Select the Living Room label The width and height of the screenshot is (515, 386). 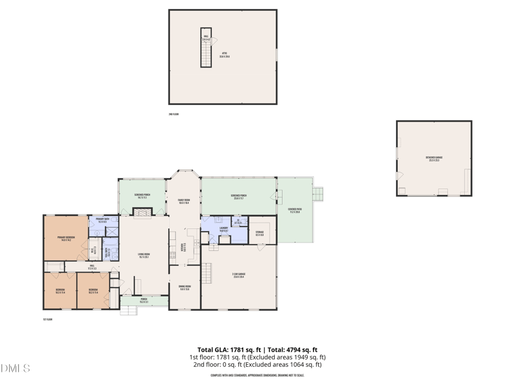coord(144,255)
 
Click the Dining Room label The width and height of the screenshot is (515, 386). coord(184,289)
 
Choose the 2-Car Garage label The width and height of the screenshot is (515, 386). coord(239,277)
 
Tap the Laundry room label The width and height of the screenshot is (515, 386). coord(223,229)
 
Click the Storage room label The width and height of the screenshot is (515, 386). coord(260,233)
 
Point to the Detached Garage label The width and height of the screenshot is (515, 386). coord(434,158)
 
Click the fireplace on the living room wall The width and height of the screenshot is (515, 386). coord(142,212)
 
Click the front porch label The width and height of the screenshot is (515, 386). coord(135,300)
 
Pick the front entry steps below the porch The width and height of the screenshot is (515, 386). coord(129,311)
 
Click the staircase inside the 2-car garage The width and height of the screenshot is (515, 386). coord(206,274)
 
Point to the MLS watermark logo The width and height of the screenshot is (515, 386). coord(15,369)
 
